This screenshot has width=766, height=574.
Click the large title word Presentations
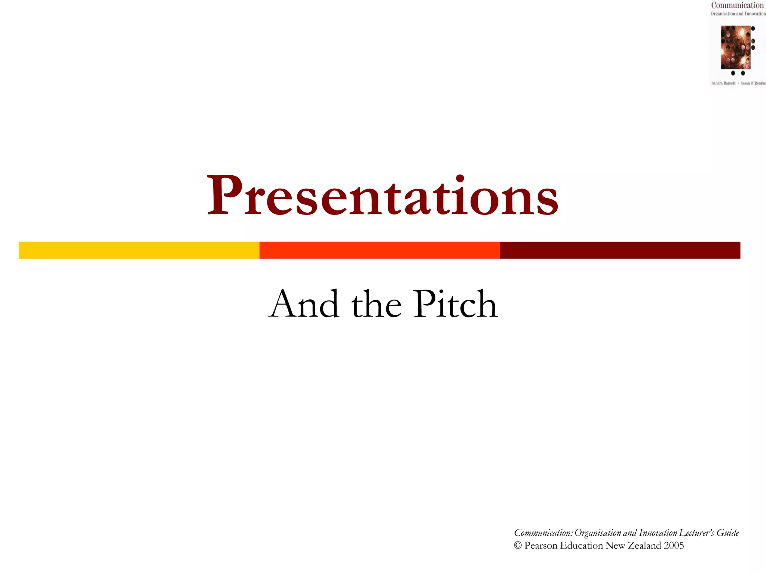click(382, 196)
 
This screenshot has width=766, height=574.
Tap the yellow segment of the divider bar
click(139, 250)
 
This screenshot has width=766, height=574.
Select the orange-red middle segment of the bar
click(379, 250)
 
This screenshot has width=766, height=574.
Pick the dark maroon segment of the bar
click(620, 250)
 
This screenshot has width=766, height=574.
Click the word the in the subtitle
click(376, 305)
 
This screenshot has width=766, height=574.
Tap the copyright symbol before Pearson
click(518, 546)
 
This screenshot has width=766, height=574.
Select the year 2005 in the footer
click(674, 546)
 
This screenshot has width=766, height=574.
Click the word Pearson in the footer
click(540, 546)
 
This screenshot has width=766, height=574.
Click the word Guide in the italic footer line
click(727, 533)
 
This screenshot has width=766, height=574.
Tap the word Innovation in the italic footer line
click(658, 533)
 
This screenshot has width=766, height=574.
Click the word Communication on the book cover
click(737, 5)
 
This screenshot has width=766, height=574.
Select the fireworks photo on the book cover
click(735, 47)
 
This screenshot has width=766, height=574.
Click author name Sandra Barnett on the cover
click(723, 83)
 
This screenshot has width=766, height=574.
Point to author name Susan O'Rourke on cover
click(753, 83)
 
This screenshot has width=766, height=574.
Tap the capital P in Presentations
click(223, 195)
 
